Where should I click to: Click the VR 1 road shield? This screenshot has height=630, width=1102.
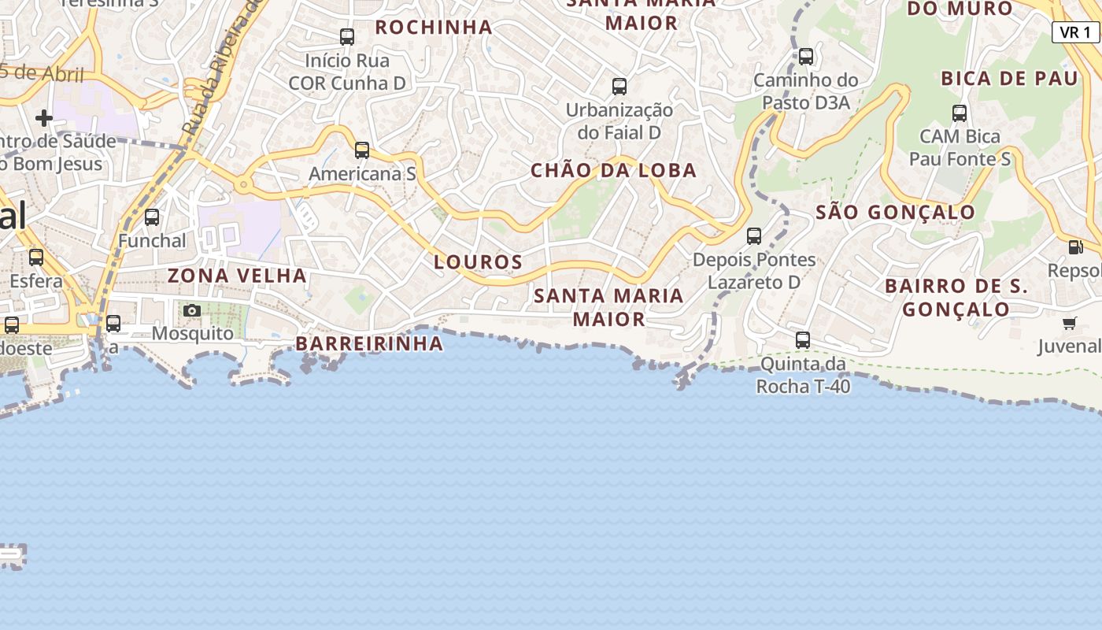(1075, 32)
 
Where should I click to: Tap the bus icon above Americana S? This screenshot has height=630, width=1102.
(362, 150)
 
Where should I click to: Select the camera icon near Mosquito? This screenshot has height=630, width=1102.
(192, 310)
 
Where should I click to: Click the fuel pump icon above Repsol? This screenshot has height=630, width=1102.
(1075, 247)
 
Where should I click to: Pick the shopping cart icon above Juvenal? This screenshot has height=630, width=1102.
(1070, 323)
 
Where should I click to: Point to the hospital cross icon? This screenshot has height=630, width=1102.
(44, 118)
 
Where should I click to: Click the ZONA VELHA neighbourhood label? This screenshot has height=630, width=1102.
(237, 276)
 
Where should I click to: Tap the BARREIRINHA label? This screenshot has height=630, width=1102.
(369, 343)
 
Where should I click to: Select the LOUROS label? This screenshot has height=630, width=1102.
(479, 262)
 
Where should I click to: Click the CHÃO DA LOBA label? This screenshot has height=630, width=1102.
(614, 170)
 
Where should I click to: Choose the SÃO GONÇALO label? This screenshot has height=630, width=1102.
(896, 212)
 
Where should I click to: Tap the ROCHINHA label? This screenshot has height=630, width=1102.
(434, 27)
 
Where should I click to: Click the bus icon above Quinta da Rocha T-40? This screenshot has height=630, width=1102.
(803, 340)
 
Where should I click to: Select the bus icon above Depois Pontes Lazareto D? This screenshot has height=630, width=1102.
(754, 235)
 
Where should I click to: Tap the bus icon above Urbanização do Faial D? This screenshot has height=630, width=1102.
(619, 86)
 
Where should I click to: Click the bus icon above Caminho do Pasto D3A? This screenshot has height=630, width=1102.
(806, 57)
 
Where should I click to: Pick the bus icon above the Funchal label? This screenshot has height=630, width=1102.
(152, 217)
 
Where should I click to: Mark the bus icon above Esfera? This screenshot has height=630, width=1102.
(36, 257)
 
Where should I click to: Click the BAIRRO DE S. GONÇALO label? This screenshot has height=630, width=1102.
(956, 297)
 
